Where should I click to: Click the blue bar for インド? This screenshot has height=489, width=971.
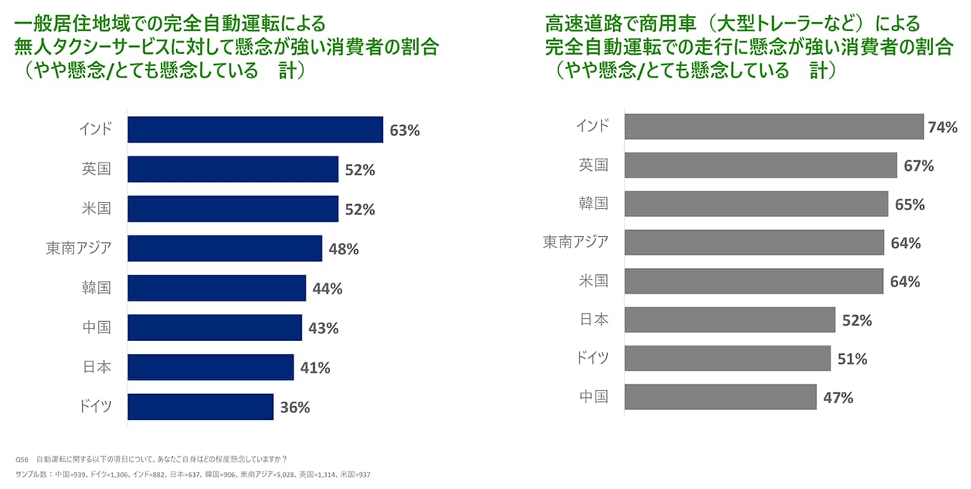(255, 130)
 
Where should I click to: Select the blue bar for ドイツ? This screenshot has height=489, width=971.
(200, 407)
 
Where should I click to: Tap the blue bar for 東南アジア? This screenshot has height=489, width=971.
(225, 248)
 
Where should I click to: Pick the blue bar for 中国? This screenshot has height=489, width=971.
(215, 328)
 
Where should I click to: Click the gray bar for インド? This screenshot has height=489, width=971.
(774, 127)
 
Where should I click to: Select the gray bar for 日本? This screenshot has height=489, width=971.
(730, 320)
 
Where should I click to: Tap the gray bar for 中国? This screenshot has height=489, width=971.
(721, 397)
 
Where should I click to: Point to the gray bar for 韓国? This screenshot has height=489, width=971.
(756, 204)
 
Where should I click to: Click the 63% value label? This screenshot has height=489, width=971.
(404, 131)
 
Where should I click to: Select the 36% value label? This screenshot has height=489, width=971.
(295, 408)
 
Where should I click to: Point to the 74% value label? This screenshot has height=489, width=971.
(942, 128)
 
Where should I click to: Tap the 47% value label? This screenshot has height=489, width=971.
(838, 398)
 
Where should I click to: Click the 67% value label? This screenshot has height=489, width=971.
(919, 166)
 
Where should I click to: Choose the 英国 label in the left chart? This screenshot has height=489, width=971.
(96, 169)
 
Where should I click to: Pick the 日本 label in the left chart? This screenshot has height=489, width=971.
(96, 368)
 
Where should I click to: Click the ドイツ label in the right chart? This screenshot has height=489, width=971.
(592, 358)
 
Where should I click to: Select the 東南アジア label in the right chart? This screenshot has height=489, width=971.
(576, 242)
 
